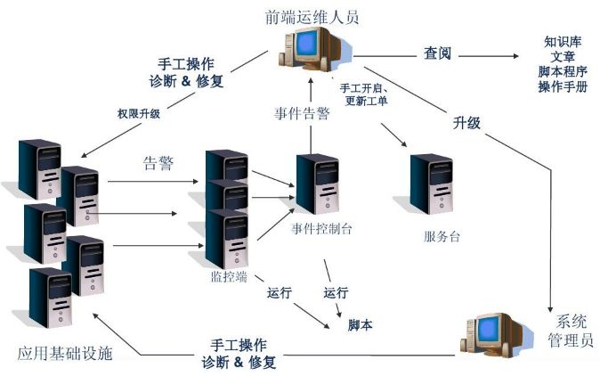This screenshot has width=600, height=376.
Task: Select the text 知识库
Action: [x=563, y=42]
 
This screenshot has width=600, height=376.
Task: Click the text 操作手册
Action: [x=563, y=86]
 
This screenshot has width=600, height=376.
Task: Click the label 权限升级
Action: [x=138, y=114]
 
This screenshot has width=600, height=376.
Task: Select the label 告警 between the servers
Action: [x=158, y=164]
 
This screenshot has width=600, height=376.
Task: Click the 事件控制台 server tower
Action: [x=317, y=184]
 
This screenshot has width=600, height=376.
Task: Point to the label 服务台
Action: [x=442, y=237]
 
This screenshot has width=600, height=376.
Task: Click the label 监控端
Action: [x=229, y=276]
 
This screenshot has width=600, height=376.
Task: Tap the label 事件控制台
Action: [x=321, y=228]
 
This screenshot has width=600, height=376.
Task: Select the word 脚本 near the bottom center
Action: [x=360, y=326]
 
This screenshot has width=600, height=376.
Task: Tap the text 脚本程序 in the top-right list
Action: [x=563, y=71]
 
